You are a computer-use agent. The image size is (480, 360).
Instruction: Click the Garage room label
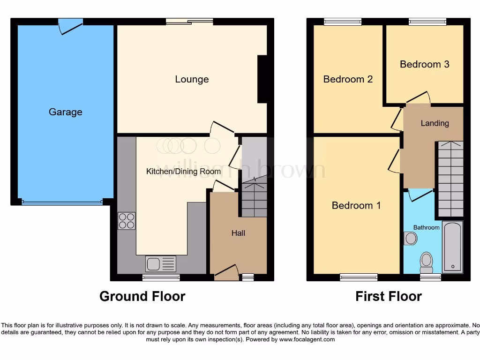tap(65, 112)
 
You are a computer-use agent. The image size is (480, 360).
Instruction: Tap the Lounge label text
tap(192, 79)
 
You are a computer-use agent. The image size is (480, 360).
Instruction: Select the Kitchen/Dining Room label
tap(183, 172)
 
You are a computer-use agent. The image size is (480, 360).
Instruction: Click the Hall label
tap(238, 233)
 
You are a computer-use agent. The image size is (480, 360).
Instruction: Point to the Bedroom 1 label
tap(356, 205)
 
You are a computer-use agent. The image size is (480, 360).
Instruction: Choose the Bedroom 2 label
tap(348, 79)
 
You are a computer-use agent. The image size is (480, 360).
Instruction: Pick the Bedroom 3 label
tap(424, 64)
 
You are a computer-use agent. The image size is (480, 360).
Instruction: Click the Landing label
tap(435, 123)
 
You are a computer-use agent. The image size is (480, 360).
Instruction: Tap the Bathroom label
tap(426, 227)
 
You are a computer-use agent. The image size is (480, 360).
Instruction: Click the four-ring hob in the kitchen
tap(127, 221)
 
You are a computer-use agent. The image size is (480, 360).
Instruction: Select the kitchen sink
tap(161, 264)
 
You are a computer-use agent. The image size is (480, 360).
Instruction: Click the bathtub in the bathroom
tap(452, 247)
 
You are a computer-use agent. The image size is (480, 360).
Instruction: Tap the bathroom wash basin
tap(411, 239)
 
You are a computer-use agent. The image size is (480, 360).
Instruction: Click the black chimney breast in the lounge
tap(262, 79)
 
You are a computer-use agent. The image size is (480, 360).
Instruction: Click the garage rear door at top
tap(70, 25)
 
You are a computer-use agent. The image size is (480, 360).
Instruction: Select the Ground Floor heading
tap(142, 297)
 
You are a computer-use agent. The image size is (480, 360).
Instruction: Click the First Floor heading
tap(388, 297)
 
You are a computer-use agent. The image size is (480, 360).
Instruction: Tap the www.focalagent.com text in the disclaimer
tap(307, 339)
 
